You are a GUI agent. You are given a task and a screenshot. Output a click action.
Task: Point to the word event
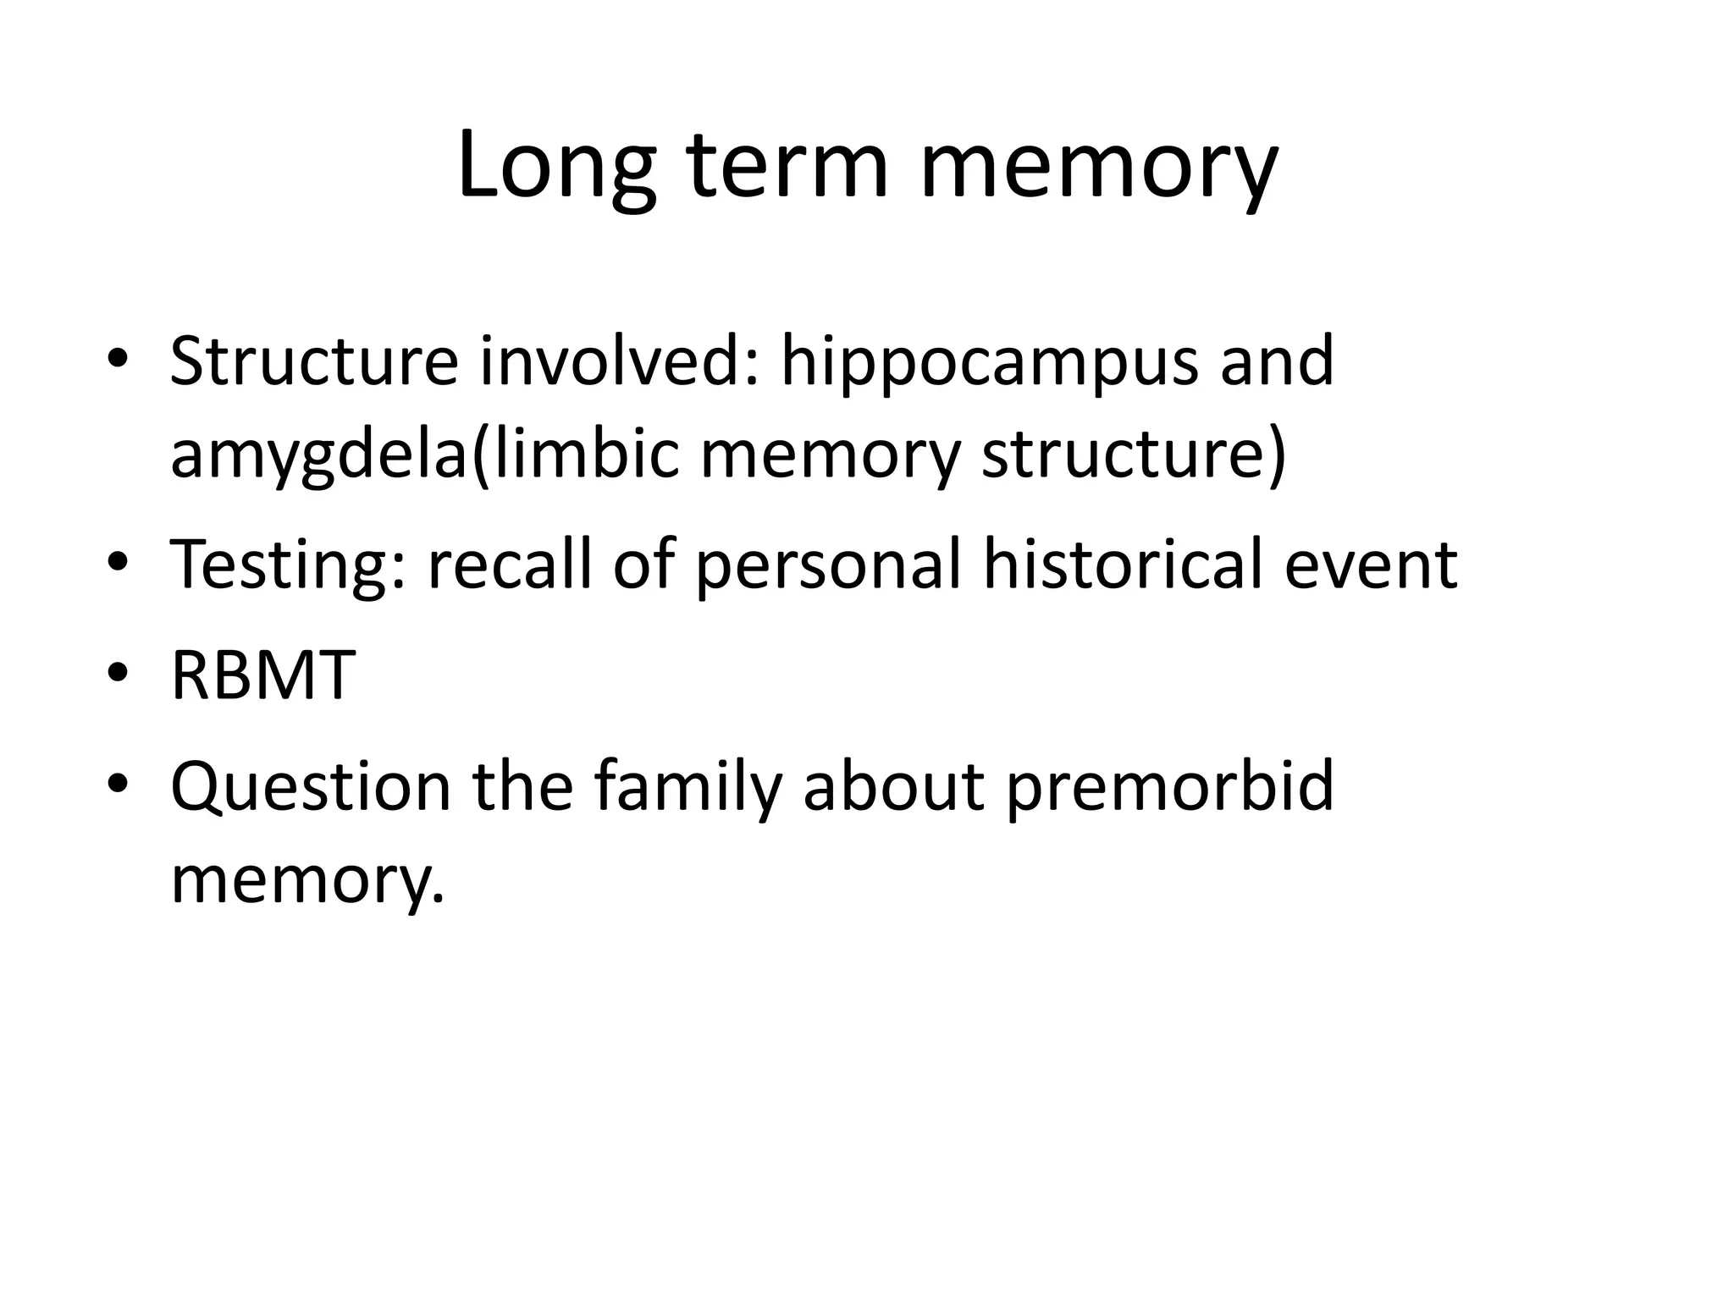click(x=1371, y=565)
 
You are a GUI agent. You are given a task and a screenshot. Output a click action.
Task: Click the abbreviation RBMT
click(x=262, y=675)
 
